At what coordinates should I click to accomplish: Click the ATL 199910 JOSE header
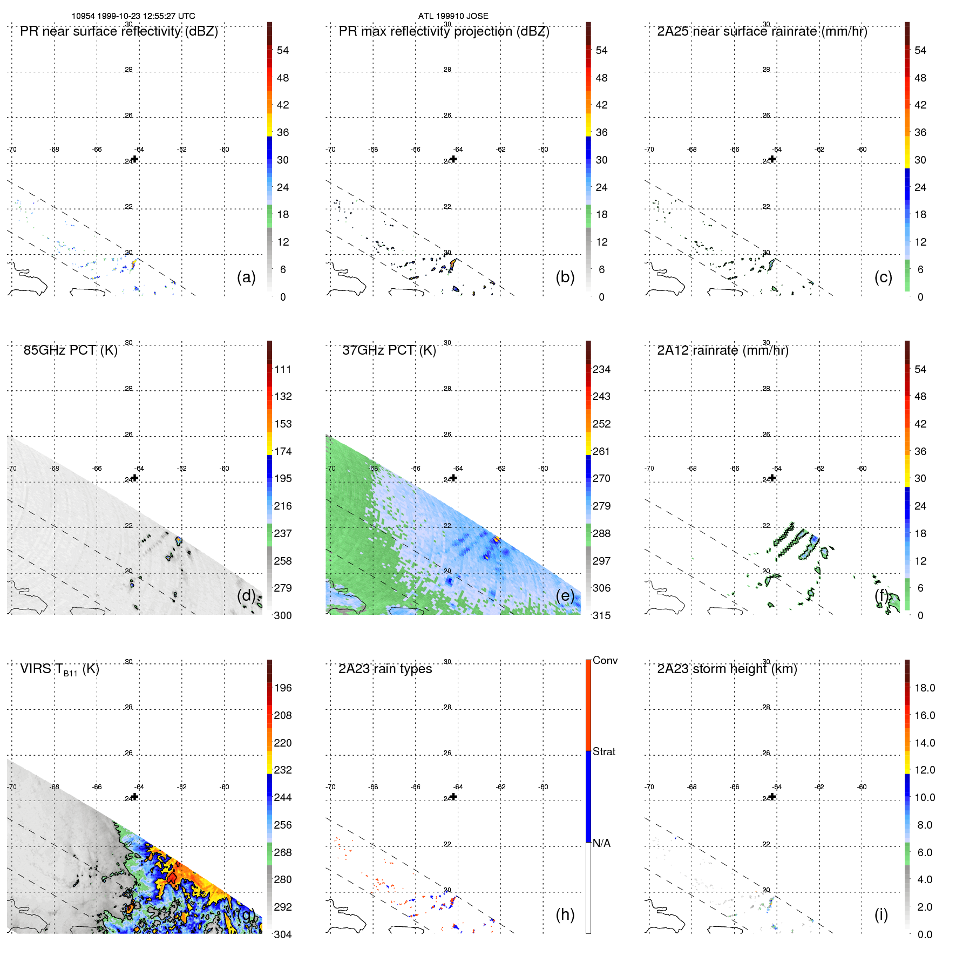(x=453, y=16)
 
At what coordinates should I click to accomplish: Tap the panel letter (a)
(x=246, y=277)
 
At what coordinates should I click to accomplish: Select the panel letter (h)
(x=565, y=914)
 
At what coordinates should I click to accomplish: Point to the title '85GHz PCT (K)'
(x=70, y=350)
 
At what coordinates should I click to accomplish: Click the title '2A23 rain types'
(x=385, y=669)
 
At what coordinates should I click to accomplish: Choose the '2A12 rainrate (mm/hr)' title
(x=723, y=350)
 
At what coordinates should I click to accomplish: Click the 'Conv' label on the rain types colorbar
(x=605, y=660)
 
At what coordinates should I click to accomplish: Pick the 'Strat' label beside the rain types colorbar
(x=604, y=751)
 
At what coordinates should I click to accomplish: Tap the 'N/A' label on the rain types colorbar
(x=601, y=843)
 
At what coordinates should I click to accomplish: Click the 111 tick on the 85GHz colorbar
(x=283, y=369)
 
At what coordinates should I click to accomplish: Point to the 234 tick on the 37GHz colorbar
(x=601, y=369)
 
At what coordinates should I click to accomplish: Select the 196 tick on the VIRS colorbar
(x=283, y=688)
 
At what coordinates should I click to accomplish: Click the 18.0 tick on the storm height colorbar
(x=925, y=688)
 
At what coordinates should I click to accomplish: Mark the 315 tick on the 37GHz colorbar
(x=601, y=615)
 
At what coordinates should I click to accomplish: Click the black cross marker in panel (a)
(x=135, y=159)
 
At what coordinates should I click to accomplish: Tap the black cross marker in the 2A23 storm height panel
(x=772, y=796)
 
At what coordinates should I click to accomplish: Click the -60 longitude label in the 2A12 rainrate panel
(x=862, y=469)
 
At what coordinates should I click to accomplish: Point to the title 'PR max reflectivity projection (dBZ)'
(x=444, y=31)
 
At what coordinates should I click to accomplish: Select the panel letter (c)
(x=883, y=277)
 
